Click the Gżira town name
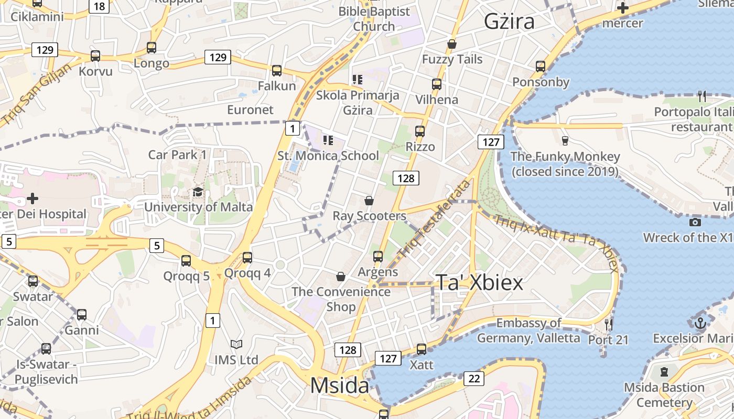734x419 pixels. [x=509, y=21]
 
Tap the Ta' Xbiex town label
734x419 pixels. [x=479, y=283]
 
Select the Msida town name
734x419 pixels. [x=340, y=386]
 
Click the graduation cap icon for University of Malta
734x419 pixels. [x=198, y=192]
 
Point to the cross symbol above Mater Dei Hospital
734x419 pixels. [x=33, y=199]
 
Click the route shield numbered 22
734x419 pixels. [x=474, y=378]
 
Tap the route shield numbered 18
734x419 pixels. [x=99, y=6]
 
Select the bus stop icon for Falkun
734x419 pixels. [x=277, y=70]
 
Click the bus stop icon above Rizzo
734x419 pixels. [x=420, y=131]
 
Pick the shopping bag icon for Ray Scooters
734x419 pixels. [x=369, y=201]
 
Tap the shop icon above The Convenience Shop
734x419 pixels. [x=341, y=276]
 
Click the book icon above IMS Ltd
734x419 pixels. [x=236, y=344]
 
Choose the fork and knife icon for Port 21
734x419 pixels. [x=608, y=324]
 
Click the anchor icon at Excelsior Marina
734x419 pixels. [x=700, y=323]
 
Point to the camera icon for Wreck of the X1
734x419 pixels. [x=695, y=222]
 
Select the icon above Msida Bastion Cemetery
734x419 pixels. [x=664, y=372]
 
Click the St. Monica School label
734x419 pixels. [x=328, y=156]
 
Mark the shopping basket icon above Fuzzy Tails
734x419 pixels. [x=452, y=44]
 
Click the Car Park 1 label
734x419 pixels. [x=177, y=155]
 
